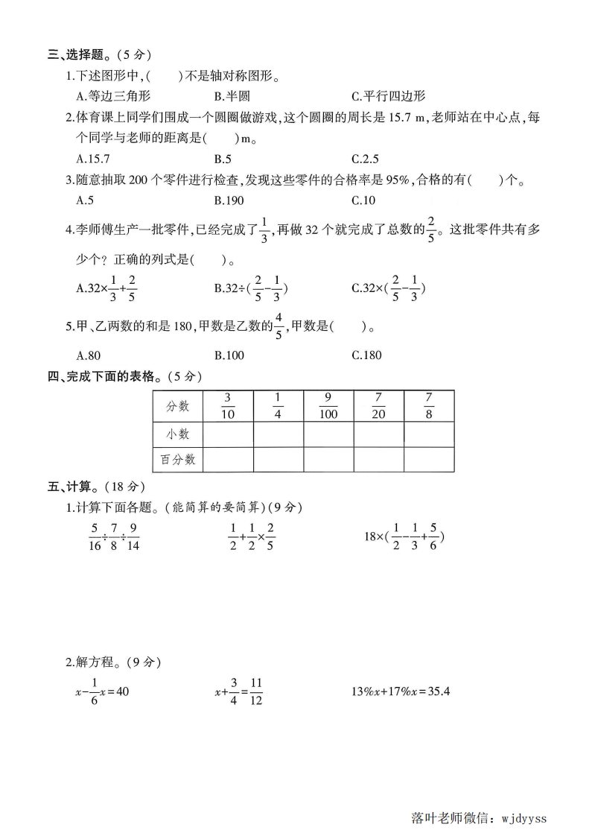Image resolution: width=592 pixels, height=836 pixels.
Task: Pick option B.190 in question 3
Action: (229, 200)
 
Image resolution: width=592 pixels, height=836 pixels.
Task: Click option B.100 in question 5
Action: (229, 355)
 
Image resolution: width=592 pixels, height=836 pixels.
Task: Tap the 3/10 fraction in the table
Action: (228, 406)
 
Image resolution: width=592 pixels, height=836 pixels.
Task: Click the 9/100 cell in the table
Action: (328, 406)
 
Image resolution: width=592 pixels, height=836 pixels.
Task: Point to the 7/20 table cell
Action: (378, 406)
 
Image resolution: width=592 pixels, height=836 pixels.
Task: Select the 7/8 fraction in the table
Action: (428, 406)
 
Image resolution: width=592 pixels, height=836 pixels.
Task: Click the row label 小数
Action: (178, 434)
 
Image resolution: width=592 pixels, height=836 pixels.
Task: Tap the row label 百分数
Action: (178, 460)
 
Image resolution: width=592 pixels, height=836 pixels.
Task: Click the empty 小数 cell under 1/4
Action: (278, 434)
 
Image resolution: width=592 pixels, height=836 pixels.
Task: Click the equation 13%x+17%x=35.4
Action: (401, 691)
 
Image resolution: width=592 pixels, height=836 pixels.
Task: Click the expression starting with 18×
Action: (404, 536)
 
